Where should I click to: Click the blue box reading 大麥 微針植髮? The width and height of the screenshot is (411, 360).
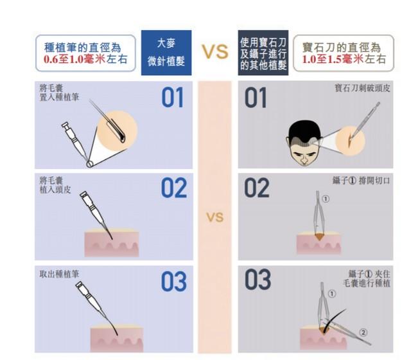pyautogui.click(x=166, y=53)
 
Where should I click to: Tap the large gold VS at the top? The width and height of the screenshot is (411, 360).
pyautogui.click(x=215, y=51)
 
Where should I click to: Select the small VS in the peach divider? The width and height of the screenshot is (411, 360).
pyautogui.click(x=215, y=217)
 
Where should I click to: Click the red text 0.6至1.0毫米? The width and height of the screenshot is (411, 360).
pyautogui.click(x=74, y=60)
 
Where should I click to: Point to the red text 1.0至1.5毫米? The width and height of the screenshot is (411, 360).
pyautogui.click(x=333, y=59)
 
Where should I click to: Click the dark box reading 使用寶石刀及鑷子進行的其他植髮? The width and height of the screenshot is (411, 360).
pyautogui.click(x=263, y=53)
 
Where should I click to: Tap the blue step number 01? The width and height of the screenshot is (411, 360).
pyautogui.click(x=172, y=97)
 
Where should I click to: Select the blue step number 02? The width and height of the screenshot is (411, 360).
pyautogui.click(x=174, y=188)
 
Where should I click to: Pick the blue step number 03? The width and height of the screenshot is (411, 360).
pyautogui.click(x=174, y=282)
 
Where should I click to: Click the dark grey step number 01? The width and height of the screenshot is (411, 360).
pyautogui.click(x=256, y=98)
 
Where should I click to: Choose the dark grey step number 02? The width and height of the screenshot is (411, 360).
pyautogui.click(x=257, y=188)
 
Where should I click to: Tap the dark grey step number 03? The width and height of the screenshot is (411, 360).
pyautogui.click(x=258, y=279)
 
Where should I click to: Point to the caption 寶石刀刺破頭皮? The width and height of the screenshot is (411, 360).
pyautogui.click(x=362, y=88)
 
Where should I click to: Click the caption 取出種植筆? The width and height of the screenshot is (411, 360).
pyautogui.click(x=59, y=274)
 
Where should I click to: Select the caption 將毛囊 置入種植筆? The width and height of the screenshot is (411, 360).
pyautogui.click(x=59, y=93)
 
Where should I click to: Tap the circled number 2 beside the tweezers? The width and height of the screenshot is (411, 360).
pyautogui.click(x=363, y=332)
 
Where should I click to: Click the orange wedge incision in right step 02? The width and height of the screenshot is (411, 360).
pyautogui.click(x=319, y=237)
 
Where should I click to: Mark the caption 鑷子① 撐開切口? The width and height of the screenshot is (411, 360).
pyautogui.click(x=361, y=181)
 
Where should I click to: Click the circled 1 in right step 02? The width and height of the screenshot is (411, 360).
pyautogui.click(x=326, y=199)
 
